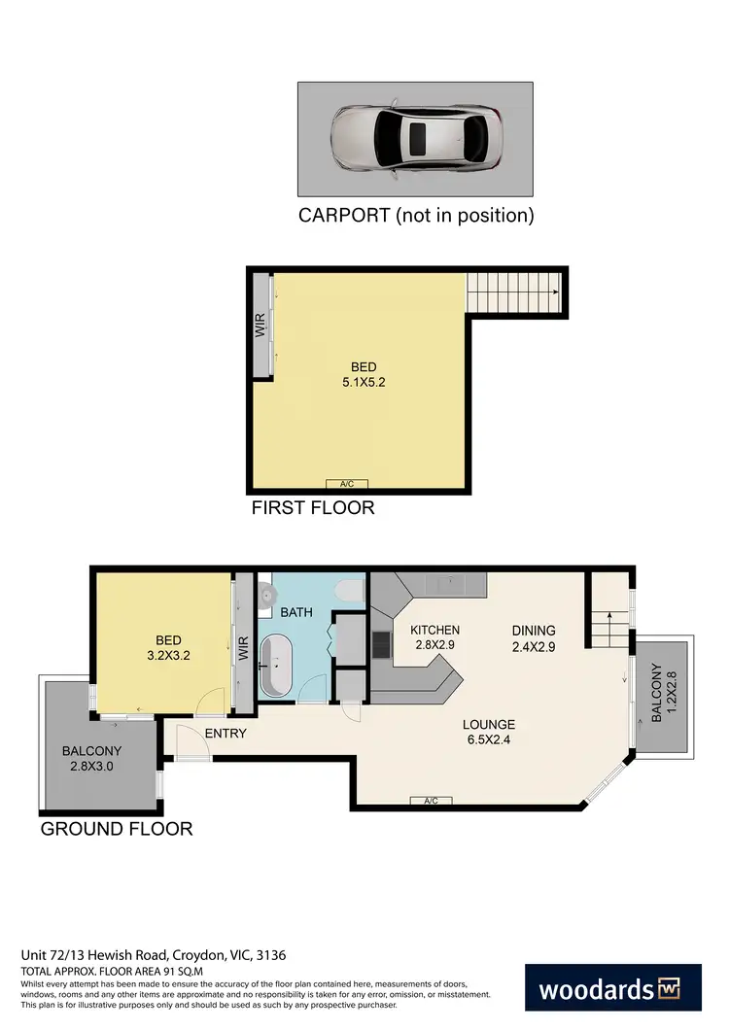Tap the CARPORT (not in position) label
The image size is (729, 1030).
(x=416, y=216)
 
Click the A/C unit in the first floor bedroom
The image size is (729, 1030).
(x=347, y=484)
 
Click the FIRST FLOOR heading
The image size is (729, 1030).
(x=312, y=508)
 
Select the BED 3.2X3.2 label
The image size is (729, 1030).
(x=169, y=647)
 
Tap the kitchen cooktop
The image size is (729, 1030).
(x=381, y=642)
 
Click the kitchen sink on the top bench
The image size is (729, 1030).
(x=449, y=583)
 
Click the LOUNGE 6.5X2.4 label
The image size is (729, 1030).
(x=489, y=732)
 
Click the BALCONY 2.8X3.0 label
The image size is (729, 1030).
(x=91, y=759)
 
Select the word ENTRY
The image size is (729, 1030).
(x=226, y=734)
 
